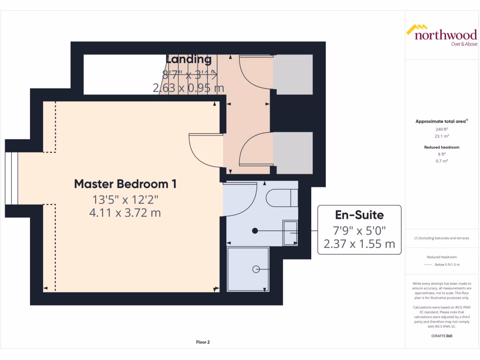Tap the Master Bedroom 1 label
(126, 184)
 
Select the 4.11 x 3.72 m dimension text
(125, 213)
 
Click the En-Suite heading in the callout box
(360, 215)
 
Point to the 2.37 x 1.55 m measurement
(360, 244)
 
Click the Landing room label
(188, 59)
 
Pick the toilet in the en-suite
(282, 197)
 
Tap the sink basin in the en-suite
(289, 232)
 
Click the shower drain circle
(256, 269)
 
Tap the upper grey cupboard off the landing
(293, 74)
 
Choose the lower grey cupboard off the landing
(293, 153)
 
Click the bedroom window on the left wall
(12, 179)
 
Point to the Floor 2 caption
(202, 342)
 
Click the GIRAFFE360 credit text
(441, 336)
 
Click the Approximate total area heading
(441, 121)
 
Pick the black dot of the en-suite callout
(255, 231)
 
